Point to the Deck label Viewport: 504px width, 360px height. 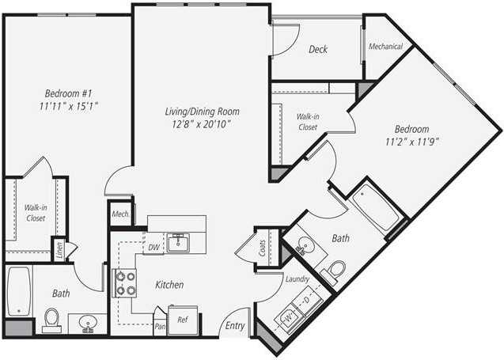coord(318,49)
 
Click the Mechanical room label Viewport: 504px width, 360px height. coord(386,47)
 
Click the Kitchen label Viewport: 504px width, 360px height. coord(169,285)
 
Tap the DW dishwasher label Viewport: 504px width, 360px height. coord(153,248)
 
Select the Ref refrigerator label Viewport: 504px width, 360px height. coord(182,320)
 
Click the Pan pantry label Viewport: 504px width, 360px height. coord(160,325)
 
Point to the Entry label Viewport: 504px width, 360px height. coord(235,325)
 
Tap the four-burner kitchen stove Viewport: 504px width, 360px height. coord(126,283)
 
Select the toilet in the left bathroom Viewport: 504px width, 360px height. coord(53,319)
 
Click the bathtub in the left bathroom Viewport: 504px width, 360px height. coord(18,291)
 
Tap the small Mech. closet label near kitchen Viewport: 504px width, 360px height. coord(120,214)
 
